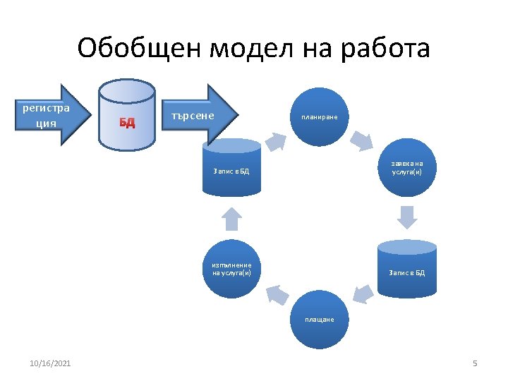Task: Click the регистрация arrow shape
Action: point(46,115)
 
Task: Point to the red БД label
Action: point(127,122)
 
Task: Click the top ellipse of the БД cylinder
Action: point(127,90)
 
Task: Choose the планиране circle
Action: point(320,116)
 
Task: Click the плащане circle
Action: point(320,320)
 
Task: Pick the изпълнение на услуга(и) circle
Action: point(231,269)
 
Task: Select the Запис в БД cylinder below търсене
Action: point(231,170)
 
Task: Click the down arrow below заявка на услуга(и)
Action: point(406,217)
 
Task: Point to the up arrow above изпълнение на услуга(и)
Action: point(231,219)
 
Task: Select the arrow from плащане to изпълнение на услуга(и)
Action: point(277,294)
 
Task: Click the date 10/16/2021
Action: point(50,363)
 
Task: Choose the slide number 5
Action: point(475,363)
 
